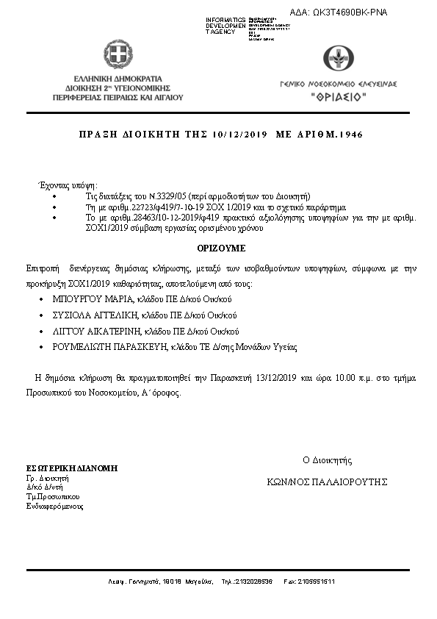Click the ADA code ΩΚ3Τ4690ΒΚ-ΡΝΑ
tap(350, 12)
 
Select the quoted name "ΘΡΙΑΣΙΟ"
tap(336, 96)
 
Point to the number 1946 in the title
tap(349, 135)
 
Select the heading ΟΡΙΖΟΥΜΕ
tap(220, 249)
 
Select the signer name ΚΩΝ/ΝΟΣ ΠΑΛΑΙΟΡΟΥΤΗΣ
tap(328, 482)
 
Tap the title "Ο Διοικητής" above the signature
tap(328, 460)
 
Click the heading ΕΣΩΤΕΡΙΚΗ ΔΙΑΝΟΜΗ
tap(71, 468)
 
